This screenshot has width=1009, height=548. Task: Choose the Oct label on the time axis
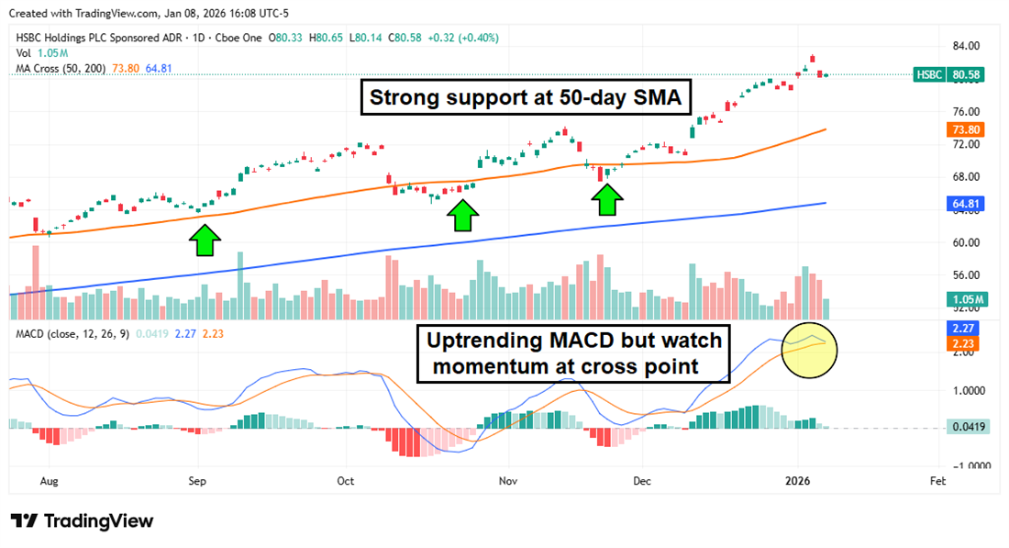[x=346, y=480]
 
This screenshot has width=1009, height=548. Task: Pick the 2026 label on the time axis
[x=798, y=480]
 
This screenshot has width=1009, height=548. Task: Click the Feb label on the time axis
[x=937, y=480]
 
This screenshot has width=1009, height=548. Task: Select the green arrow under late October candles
[x=464, y=215]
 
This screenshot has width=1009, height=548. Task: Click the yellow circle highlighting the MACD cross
[x=810, y=350]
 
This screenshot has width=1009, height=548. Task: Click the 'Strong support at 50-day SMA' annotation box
[x=527, y=98]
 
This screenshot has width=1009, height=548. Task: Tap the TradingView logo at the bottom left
[x=83, y=520]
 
